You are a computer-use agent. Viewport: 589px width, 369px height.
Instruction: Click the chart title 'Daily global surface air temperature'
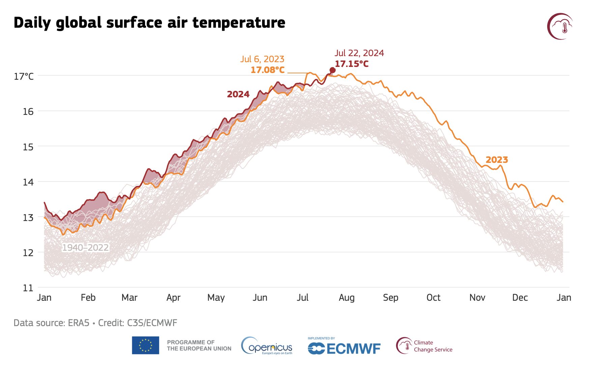(149, 23)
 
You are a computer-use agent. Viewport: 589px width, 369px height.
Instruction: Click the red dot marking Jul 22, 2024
(332, 70)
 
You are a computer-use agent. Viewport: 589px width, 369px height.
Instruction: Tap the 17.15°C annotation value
(352, 64)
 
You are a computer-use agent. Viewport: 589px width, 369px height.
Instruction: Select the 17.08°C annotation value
(268, 70)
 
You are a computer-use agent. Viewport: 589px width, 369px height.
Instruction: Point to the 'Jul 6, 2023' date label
(262, 59)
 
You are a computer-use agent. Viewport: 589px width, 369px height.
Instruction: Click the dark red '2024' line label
(238, 94)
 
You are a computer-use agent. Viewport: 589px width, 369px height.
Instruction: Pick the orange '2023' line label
(497, 160)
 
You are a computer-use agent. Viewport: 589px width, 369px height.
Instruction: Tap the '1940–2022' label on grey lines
(85, 248)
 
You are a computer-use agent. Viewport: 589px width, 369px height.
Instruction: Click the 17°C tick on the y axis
(24, 76)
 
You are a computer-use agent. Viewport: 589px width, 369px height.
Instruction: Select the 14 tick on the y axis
(28, 182)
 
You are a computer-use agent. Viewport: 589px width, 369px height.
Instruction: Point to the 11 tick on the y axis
(28, 288)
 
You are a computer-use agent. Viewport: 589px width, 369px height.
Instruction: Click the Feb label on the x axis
(88, 298)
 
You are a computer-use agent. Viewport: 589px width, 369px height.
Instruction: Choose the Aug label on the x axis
(346, 298)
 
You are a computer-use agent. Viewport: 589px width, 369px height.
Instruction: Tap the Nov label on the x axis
(477, 298)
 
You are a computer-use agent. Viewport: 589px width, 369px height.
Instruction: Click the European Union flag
(145, 345)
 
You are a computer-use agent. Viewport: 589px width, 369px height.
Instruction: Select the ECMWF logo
(344, 347)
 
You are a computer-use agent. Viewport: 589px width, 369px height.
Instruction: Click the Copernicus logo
(267, 346)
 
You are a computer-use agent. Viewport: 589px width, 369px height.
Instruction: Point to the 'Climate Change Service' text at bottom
(433, 346)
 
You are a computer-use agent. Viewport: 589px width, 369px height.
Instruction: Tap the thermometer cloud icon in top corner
(560, 26)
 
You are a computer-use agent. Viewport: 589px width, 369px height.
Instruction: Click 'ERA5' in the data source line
(79, 323)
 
